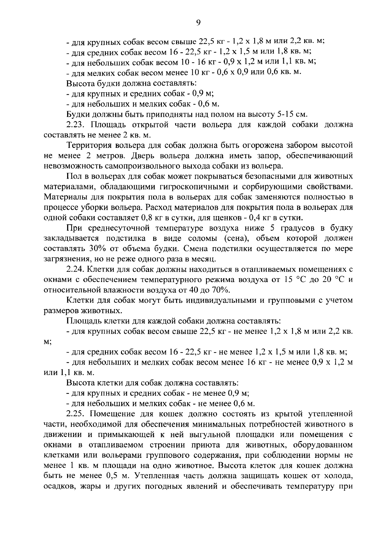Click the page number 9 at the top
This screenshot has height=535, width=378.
tap(198, 22)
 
